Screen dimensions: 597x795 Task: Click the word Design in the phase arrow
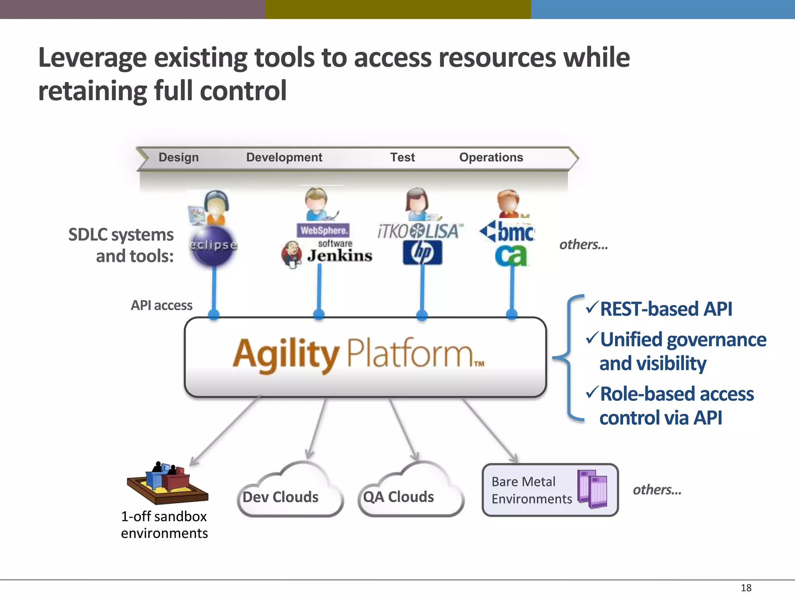click(x=179, y=157)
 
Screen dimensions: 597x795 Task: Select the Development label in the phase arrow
click(x=284, y=157)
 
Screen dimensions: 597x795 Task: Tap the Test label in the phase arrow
click(x=402, y=157)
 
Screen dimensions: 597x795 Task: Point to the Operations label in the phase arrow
click(x=491, y=157)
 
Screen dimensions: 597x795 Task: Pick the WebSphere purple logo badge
click(x=323, y=230)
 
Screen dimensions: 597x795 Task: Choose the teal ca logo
click(x=511, y=256)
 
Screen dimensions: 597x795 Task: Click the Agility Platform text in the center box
click(x=357, y=354)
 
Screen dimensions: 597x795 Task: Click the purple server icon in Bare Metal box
click(x=592, y=489)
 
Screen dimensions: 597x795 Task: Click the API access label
click(x=161, y=305)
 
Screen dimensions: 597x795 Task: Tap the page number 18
click(x=746, y=588)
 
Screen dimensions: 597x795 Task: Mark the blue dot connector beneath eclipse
click(x=214, y=314)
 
